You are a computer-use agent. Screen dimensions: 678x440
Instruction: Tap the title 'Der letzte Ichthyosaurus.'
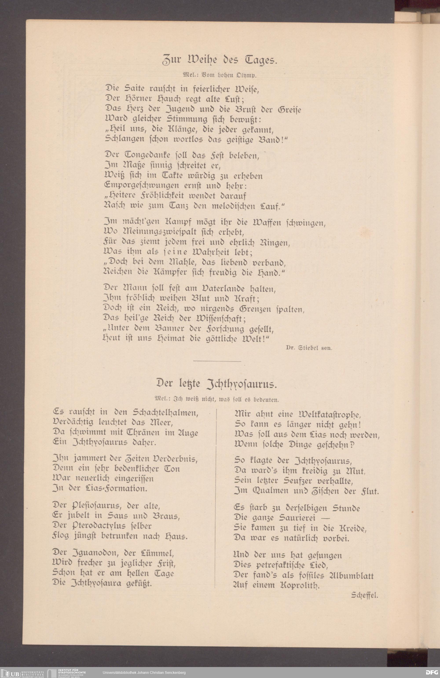217,385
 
